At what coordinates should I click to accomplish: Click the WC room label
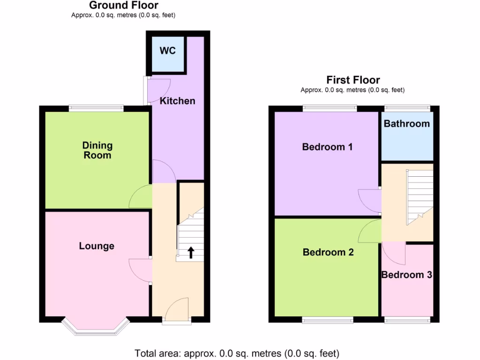[167, 51]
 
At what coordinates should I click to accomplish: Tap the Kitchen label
[177, 101]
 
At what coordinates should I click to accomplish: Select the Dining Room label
[97, 150]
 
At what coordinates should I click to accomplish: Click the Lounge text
[97, 246]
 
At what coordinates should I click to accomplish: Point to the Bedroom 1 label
[327, 147]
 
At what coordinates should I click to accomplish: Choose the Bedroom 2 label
[328, 253]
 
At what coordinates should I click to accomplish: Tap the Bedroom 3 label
[406, 275]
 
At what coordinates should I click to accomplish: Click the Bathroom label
[406, 124]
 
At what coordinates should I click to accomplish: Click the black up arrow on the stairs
[191, 253]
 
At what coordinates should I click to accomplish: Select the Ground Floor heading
[124, 6]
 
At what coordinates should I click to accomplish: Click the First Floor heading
[353, 80]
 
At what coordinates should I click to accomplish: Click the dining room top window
[96, 108]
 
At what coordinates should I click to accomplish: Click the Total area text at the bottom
[237, 353]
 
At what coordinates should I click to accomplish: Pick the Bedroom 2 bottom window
[328, 320]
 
